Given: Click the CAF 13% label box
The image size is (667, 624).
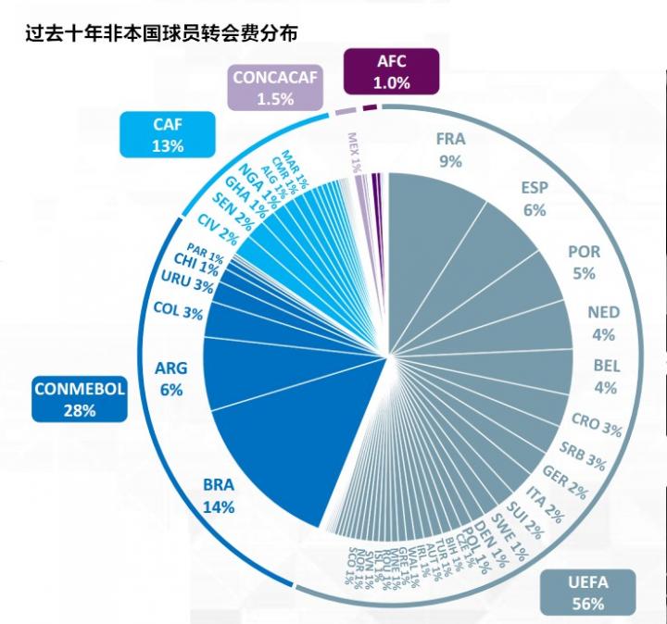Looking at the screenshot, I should pos(169,134).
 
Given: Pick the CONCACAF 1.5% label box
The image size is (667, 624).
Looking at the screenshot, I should pos(275,88).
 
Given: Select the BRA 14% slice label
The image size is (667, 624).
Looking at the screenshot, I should pos(219,495).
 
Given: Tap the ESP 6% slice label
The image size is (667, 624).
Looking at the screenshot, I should pos(535,198).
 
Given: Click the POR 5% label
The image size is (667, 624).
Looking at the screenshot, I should pos(584,262).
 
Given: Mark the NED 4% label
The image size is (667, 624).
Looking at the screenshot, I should pos(603,323).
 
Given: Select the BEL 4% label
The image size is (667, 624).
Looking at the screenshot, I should pos(606,377).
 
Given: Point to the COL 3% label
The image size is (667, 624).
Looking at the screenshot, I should pos(178,312).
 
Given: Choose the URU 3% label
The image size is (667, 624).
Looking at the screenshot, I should pos(187,281).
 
